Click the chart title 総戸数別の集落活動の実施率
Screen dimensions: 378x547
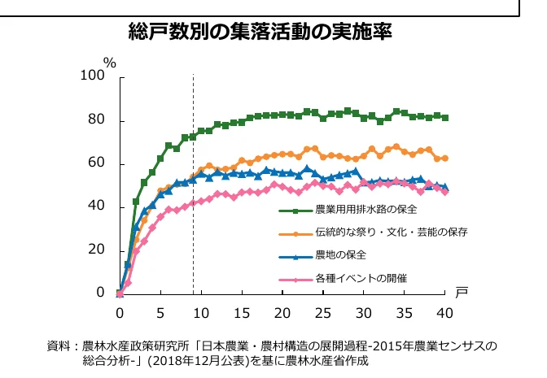260,33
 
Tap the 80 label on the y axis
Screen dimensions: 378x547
97,120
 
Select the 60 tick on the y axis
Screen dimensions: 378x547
97,163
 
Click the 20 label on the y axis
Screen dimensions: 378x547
97,250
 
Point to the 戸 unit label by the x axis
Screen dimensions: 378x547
462,293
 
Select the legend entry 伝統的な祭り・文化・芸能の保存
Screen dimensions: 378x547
391,232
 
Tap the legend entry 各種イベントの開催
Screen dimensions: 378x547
361,278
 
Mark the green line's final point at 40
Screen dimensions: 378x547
445,118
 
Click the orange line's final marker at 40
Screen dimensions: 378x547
445,159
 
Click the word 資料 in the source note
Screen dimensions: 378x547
59,345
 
